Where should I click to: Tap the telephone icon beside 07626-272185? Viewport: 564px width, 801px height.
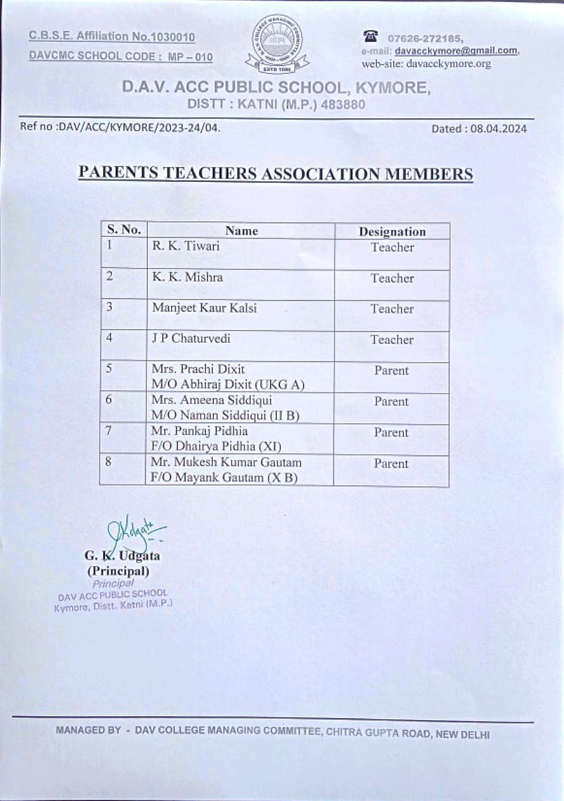(372, 37)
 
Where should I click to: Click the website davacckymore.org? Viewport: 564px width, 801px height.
(449, 64)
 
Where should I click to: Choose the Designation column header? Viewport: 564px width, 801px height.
(392, 232)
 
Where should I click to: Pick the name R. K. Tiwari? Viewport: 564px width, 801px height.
(185, 246)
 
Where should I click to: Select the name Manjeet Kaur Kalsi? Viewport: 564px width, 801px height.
(204, 308)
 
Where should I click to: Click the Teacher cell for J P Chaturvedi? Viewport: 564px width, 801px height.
(392, 339)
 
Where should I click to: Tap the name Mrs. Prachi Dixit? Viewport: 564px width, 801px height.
(198, 370)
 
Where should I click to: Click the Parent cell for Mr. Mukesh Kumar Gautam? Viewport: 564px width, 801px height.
(391, 464)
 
